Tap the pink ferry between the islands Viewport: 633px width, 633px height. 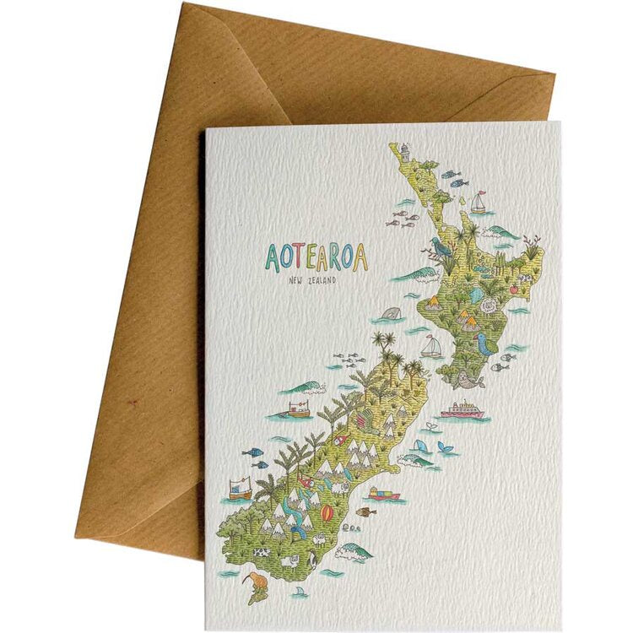pos(462,410)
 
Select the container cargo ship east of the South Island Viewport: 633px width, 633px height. pos(384,494)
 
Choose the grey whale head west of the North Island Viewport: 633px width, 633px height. pos(391,314)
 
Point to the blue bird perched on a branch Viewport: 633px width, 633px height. pos(440,246)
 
